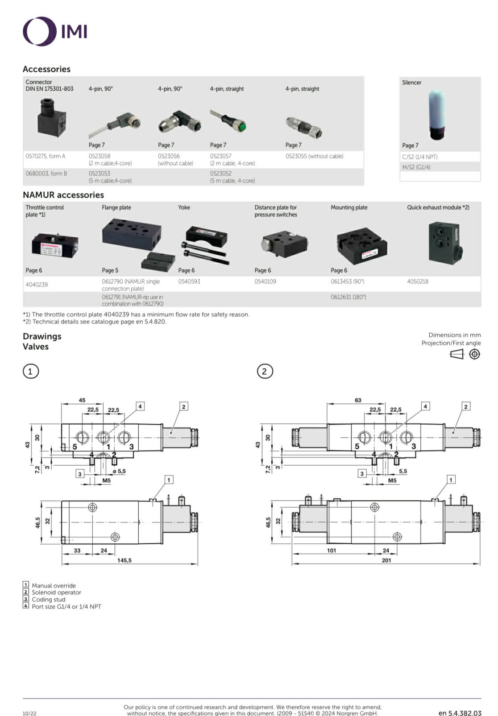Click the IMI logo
pyautogui.click(x=55, y=31)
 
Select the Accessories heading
pyautogui.click(x=46, y=69)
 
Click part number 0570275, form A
pyautogui.click(x=46, y=156)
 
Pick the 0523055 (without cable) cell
pyautogui.click(x=314, y=156)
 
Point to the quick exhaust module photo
pyautogui.click(x=444, y=244)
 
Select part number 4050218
pyautogui.click(x=417, y=281)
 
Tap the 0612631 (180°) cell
pyautogui.click(x=348, y=297)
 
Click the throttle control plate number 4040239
pyautogui.click(x=37, y=285)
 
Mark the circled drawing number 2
pyautogui.click(x=265, y=371)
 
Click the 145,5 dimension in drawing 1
pyautogui.click(x=124, y=560)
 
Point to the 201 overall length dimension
pyautogui.click(x=386, y=560)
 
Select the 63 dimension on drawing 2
pyautogui.click(x=358, y=400)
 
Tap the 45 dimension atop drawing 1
pyautogui.click(x=82, y=400)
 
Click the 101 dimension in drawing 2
pyautogui.click(x=332, y=550)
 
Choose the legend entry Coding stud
pyautogui.click(x=48, y=600)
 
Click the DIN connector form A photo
pyautogui.click(x=52, y=117)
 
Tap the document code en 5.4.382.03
pyautogui.click(x=460, y=713)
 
